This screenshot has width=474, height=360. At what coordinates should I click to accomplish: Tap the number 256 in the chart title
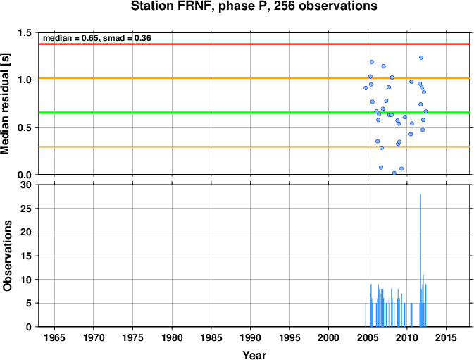coord(285,6)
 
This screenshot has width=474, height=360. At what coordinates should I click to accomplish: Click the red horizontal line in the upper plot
coord(254,44)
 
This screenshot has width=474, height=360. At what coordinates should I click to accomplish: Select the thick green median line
coord(254,113)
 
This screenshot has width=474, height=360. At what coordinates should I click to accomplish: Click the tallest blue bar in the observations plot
coord(420,260)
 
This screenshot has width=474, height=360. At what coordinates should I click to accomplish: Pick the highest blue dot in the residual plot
coord(421,58)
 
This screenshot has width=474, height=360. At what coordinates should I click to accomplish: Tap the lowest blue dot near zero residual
coord(394,173)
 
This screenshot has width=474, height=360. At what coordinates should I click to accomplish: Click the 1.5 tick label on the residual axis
coord(25,32)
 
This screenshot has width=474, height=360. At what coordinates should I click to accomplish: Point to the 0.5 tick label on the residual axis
coord(25,128)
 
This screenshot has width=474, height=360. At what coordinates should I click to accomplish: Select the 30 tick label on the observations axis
coord(27,185)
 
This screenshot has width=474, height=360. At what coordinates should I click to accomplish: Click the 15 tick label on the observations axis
coord(27,256)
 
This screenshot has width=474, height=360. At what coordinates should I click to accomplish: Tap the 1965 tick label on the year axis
coord(54,337)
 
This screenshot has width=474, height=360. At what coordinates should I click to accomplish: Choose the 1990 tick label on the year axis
coord(250,337)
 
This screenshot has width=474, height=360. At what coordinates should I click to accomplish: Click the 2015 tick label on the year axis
coord(447,337)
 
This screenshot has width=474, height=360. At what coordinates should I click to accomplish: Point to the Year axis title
coord(254,355)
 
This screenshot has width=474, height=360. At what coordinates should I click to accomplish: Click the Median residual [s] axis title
coord(5,104)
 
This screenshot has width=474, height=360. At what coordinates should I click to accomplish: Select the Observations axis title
coord(7,256)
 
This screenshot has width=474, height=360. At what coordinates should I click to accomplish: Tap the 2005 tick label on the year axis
coord(368,337)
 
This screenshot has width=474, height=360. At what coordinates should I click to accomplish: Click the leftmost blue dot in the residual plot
coord(366,88)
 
